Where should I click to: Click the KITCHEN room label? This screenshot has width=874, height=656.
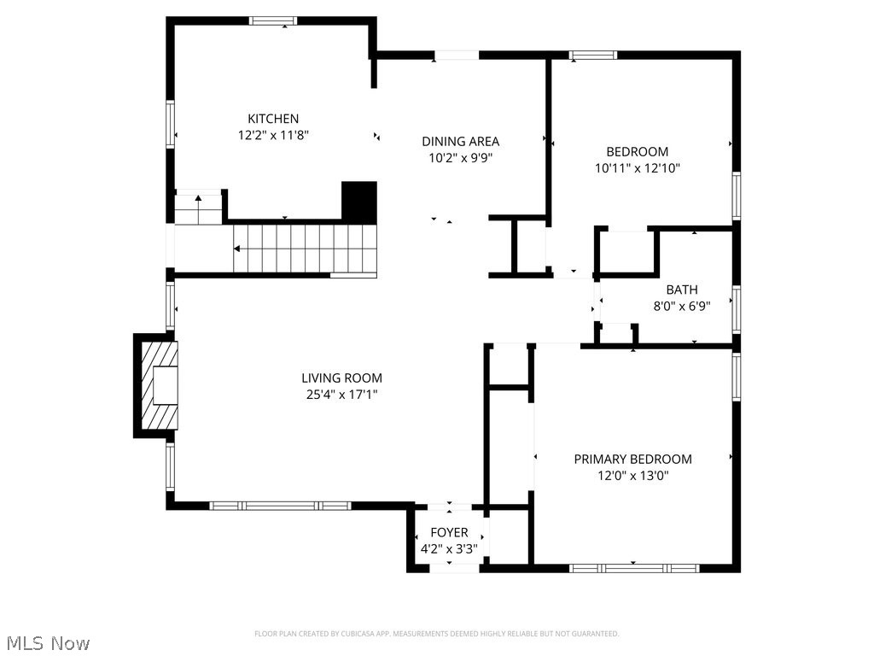coord(273,119)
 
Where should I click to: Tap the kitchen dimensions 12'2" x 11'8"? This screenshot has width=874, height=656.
coord(273,135)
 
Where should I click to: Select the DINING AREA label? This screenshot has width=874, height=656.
coord(460,141)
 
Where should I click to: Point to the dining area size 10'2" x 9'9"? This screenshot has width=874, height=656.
coord(460,157)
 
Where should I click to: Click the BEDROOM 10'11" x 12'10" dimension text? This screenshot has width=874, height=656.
coord(637,168)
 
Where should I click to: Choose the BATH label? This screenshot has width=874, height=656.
coord(682,290)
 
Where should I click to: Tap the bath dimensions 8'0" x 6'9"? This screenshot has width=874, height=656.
coord(682,305)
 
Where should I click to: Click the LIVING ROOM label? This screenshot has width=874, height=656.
coord(341,378)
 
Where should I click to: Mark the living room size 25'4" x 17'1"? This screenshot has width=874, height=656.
coord(341,394)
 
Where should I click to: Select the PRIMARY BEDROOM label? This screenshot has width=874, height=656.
coord(632,459)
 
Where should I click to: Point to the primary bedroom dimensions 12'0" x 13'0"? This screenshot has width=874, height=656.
coord(632,475)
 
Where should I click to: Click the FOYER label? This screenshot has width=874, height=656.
coord(449,533)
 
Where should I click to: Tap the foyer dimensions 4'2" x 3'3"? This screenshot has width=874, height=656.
coord(449,549)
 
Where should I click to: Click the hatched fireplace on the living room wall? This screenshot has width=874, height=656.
coord(160,385)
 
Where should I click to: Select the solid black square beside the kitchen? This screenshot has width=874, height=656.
coord(359,202)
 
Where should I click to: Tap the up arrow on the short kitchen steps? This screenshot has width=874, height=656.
coord(198,199)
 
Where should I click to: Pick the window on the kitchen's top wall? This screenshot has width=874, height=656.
coord(273,20)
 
